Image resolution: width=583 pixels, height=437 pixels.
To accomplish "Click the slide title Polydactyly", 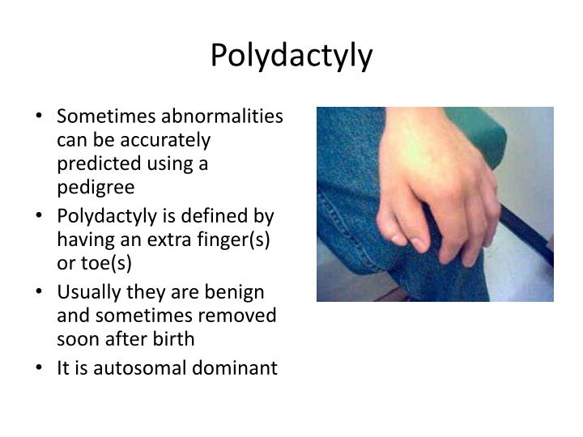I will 291,55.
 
